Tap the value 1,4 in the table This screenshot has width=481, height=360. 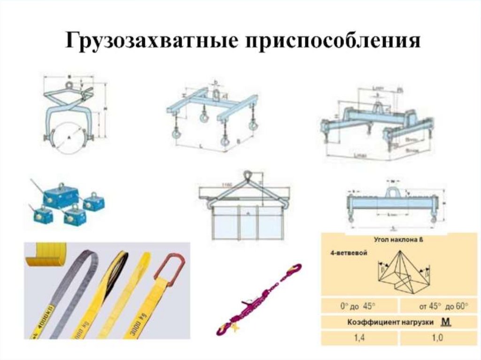pos(359,337)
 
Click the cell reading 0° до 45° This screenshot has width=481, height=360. pos(359,306)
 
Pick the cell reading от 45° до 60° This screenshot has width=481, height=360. pos(437,306)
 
